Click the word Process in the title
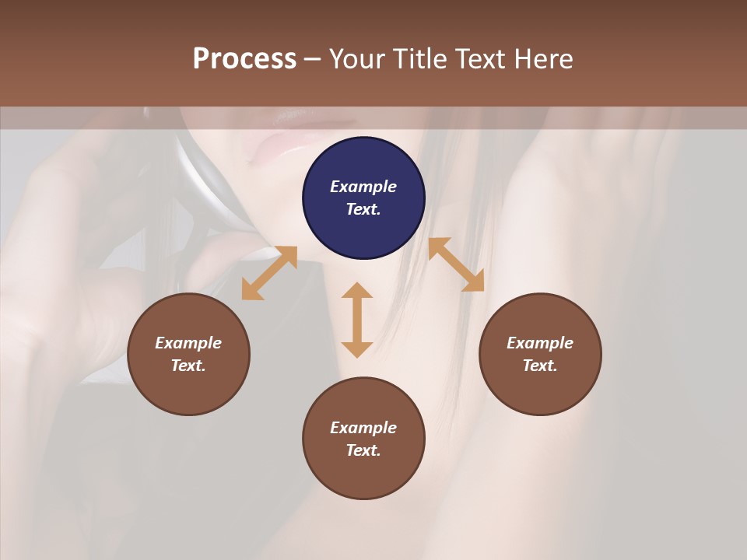pos(244,59)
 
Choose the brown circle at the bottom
pos(363,474)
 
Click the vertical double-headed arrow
pos(357,320)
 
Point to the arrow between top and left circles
pos(269,273)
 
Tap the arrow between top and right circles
pos(456,265)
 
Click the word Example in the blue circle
pos(363,187)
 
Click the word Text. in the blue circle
pos(363,209)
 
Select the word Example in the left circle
pos(188,343)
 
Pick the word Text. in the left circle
pos(188,366)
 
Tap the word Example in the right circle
pos(540,343)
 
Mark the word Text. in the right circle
pos(540,366)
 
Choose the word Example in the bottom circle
pos(363,428)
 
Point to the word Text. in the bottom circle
pos(363,450)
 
